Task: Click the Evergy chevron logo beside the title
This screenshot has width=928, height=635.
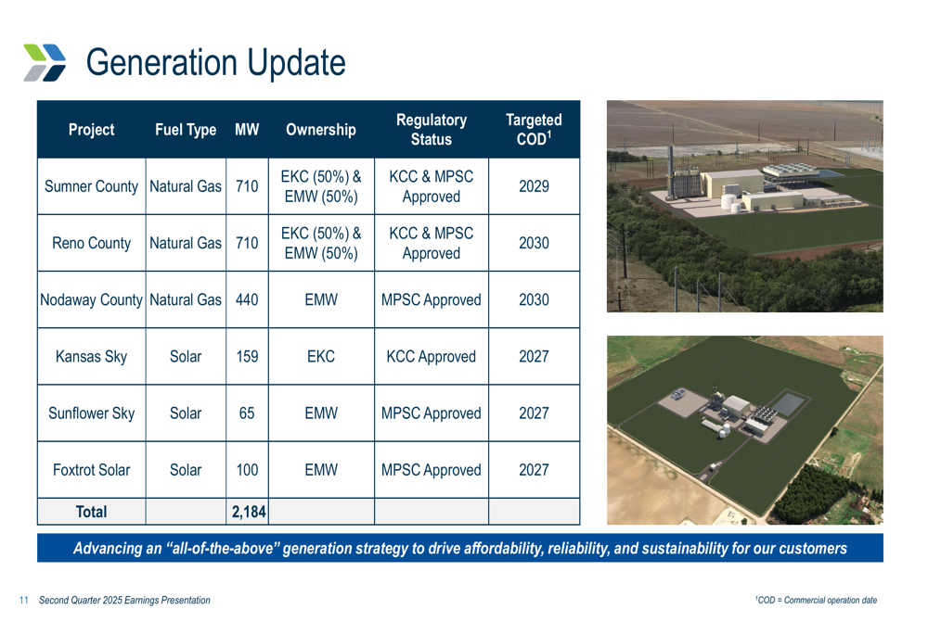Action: click(45, 62)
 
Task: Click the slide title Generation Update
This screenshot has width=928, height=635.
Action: click(216, 63)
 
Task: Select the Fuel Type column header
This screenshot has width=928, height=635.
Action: click(186, 130)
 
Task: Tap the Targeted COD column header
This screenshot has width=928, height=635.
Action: click(534, 130)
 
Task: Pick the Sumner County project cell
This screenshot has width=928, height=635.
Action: click(91, 186)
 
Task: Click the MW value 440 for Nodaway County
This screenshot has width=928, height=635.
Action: click(247, 299)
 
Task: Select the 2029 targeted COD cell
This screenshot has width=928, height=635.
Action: click(534, 186)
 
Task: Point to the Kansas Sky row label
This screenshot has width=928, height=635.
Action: click(91, 357)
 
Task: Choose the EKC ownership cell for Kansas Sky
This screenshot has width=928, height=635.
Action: click(321, 357)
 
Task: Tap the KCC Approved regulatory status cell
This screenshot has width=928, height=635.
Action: click(431, 357)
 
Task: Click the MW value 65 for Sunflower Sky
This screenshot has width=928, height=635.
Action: click(247, 413)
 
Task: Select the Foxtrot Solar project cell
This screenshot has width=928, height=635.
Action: click(91, 470)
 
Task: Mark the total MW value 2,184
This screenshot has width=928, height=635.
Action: click(249, 512)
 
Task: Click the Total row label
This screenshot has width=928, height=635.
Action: click(91, 512)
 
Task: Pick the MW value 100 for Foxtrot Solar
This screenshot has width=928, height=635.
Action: click(247, 470)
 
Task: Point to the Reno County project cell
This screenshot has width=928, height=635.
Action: click(91, 243)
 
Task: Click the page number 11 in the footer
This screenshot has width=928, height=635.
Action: click(24, 600)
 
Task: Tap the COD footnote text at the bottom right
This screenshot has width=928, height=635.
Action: click(816, 600)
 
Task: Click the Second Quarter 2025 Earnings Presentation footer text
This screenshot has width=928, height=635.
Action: click(125, 600)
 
